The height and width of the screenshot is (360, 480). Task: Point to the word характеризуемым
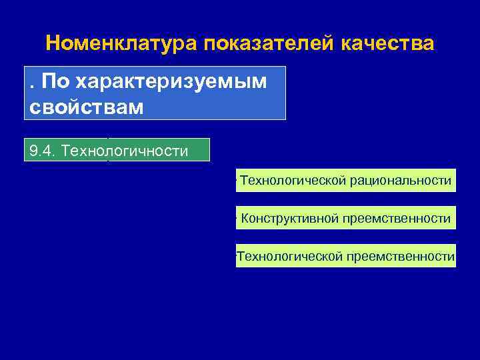(x=171, y=82)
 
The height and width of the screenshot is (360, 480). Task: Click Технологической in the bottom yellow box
(x=290, y=256)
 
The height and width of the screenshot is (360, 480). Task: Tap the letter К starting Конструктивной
(x=245, y=218)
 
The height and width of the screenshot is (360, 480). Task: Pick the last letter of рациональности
(x=449, y=180)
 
